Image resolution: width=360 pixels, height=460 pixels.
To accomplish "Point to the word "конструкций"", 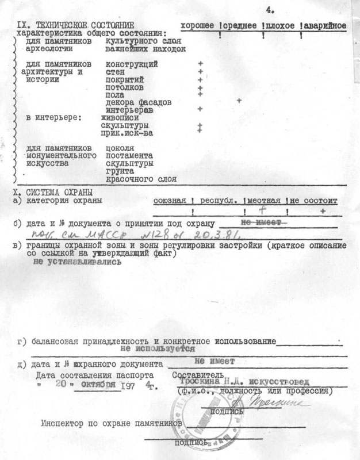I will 132,64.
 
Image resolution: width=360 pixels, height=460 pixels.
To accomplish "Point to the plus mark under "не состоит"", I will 323,212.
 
